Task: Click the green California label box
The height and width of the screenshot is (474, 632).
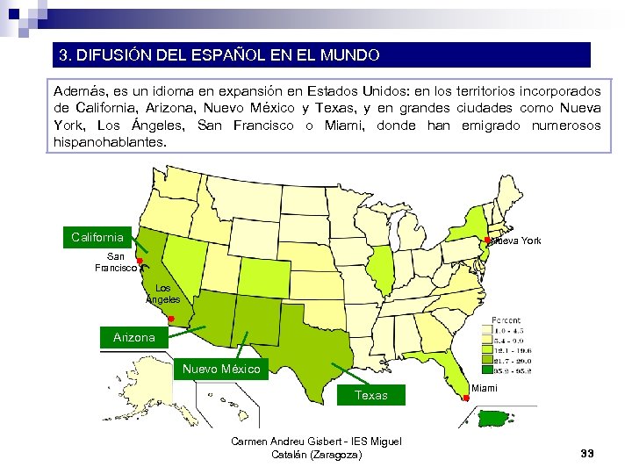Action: (x=97, y=237)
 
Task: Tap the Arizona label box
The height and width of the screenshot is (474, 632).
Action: (x=133, y=337)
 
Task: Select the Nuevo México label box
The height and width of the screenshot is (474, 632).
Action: (x=220, y=369)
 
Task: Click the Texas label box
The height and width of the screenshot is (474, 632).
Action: (x=371, y=395)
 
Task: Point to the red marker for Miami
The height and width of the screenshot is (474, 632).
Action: (x=465, y=399)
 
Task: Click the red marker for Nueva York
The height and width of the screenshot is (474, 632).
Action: (x=487, y=240)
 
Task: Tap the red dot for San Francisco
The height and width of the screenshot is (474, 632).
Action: (x=140, y=262)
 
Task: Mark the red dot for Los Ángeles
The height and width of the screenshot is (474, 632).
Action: (x=171, y=319)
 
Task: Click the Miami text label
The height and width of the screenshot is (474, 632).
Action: (x=485, y=388)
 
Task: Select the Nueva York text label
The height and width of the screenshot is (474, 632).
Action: (x=518, y=241)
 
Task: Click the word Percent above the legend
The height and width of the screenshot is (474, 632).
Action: (x=506, y=321)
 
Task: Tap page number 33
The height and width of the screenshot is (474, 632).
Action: (x=587, y=453)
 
